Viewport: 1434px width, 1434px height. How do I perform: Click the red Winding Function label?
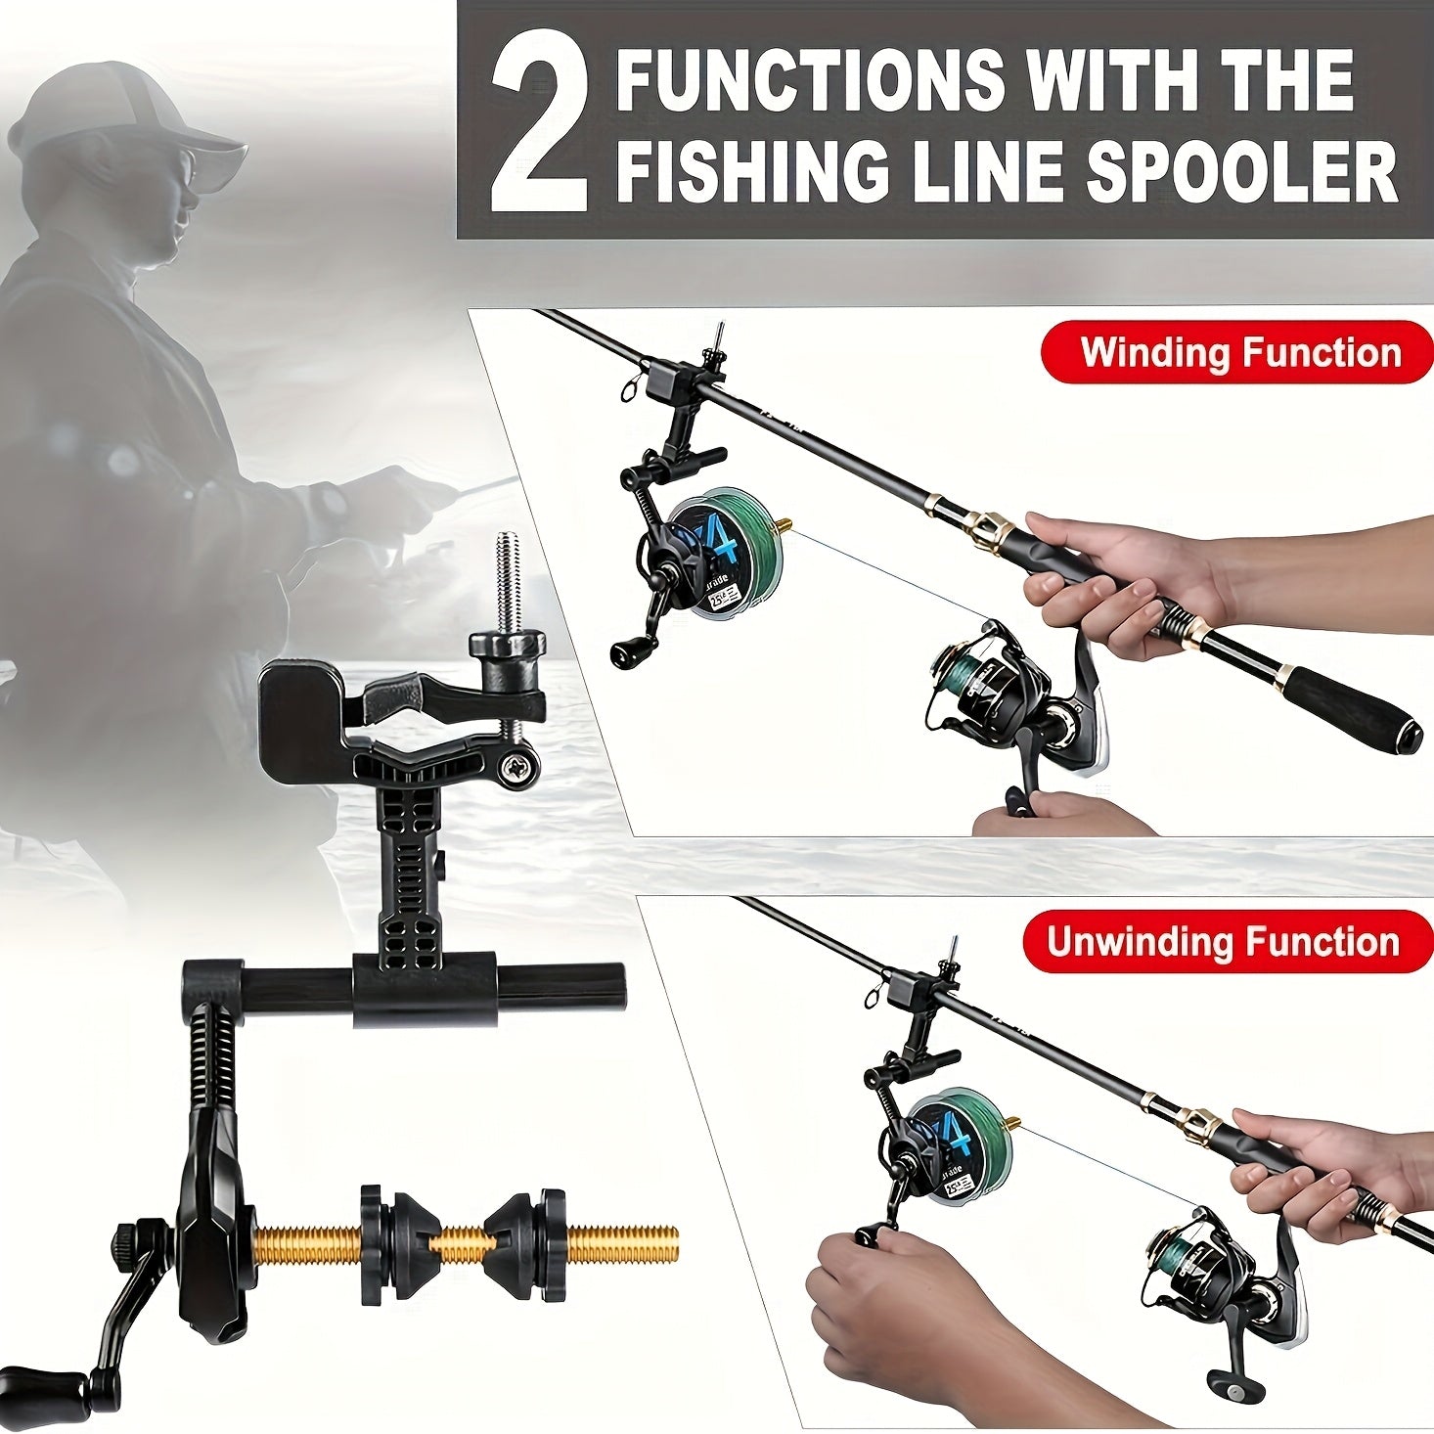[x=1237, y=352]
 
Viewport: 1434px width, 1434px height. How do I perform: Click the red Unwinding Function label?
[x=1227, y=941]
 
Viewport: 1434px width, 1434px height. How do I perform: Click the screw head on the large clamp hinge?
[x=515, y=770]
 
